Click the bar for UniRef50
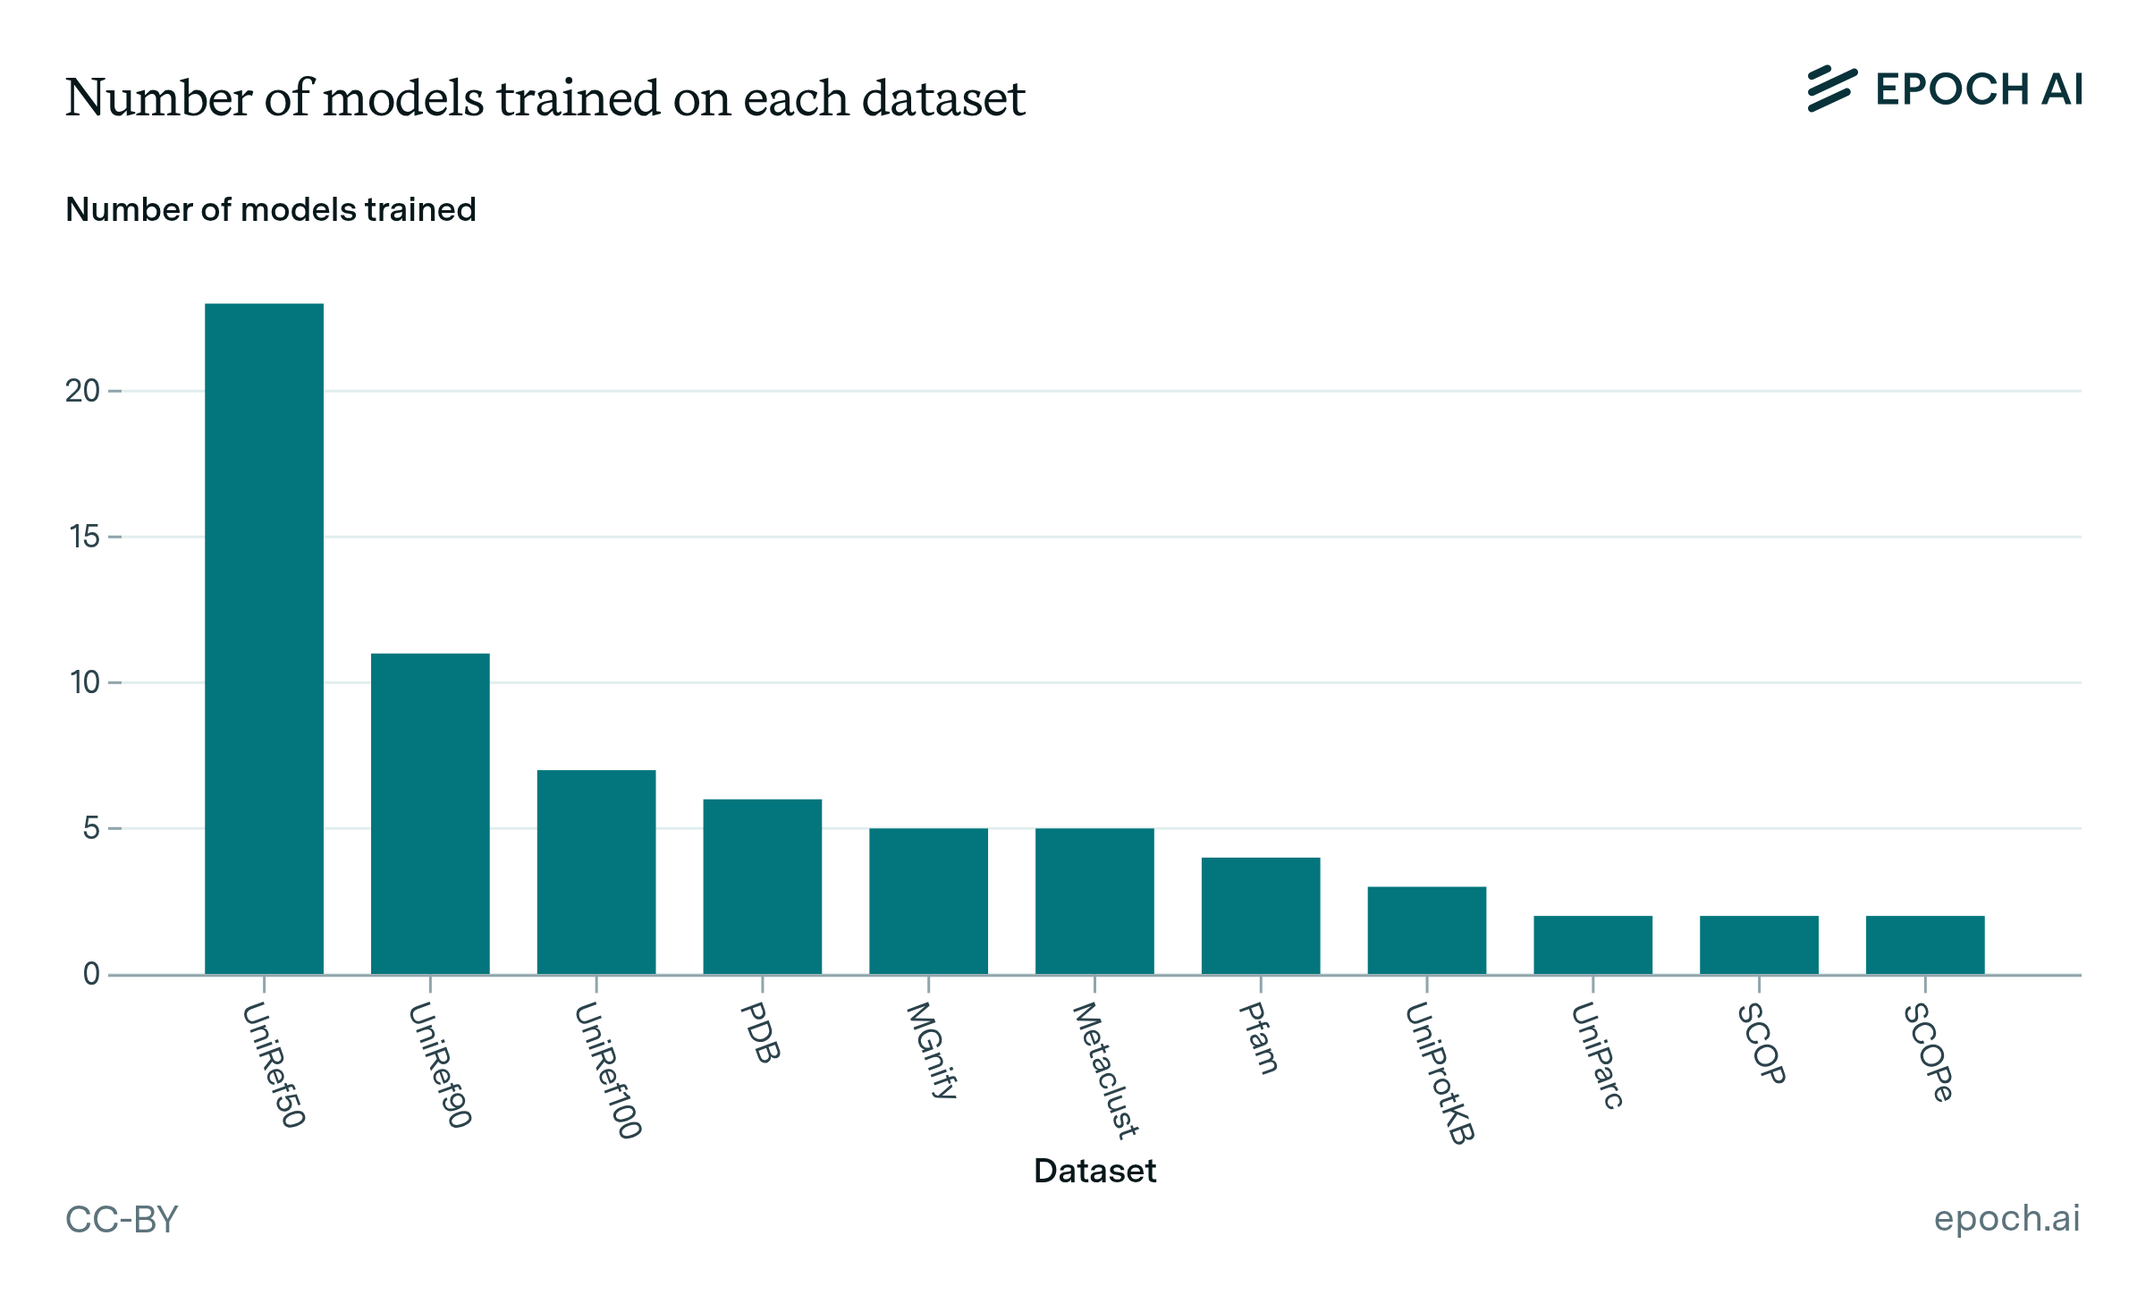coord(264,639)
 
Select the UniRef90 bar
coord(430,814)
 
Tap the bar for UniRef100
coord(596,872)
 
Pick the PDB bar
coord(762,886)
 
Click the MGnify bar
coord(928,901)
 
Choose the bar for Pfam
coord(1261,916)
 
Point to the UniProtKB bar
coord(1426,930)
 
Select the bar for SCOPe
coord(1925,944)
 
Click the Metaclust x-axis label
coord(1105,1071)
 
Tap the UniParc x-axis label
coord(1597,1056)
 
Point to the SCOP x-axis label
coord(1762,1044)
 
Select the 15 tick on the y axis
coord(85,537)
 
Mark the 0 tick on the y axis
coord(91,974)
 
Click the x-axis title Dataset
coord(1094,1171)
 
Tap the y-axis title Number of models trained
coord(271,209)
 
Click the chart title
coord(545,97)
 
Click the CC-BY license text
coord(123,1219)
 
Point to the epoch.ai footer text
coord(2007,1218)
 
